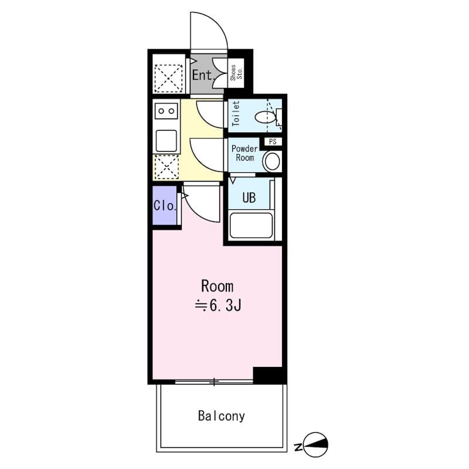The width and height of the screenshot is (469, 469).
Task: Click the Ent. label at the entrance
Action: [x=202, y=75]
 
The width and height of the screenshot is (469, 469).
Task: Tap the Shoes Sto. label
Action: [x=236, y=73]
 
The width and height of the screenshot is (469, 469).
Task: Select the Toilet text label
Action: [x=236, y=114]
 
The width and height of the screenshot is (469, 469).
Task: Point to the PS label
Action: [x=272, y=142]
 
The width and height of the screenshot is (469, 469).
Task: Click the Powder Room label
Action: [x=244, y=153]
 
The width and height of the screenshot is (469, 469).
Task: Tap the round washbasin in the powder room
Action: [x=272, y=161]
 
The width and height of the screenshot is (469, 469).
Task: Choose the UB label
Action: [x=249, y=198]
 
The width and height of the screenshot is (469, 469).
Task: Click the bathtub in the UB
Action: [x=251, y=226]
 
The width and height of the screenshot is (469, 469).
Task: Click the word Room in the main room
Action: [x=217, y=287]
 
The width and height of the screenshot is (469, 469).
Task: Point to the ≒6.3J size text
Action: [x=218, y=305]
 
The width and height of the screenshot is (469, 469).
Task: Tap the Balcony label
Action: [x=221, y=417]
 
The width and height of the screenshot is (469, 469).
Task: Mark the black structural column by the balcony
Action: [x=269, y=375]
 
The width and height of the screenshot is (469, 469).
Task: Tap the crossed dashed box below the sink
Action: [x=165, y=167]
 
